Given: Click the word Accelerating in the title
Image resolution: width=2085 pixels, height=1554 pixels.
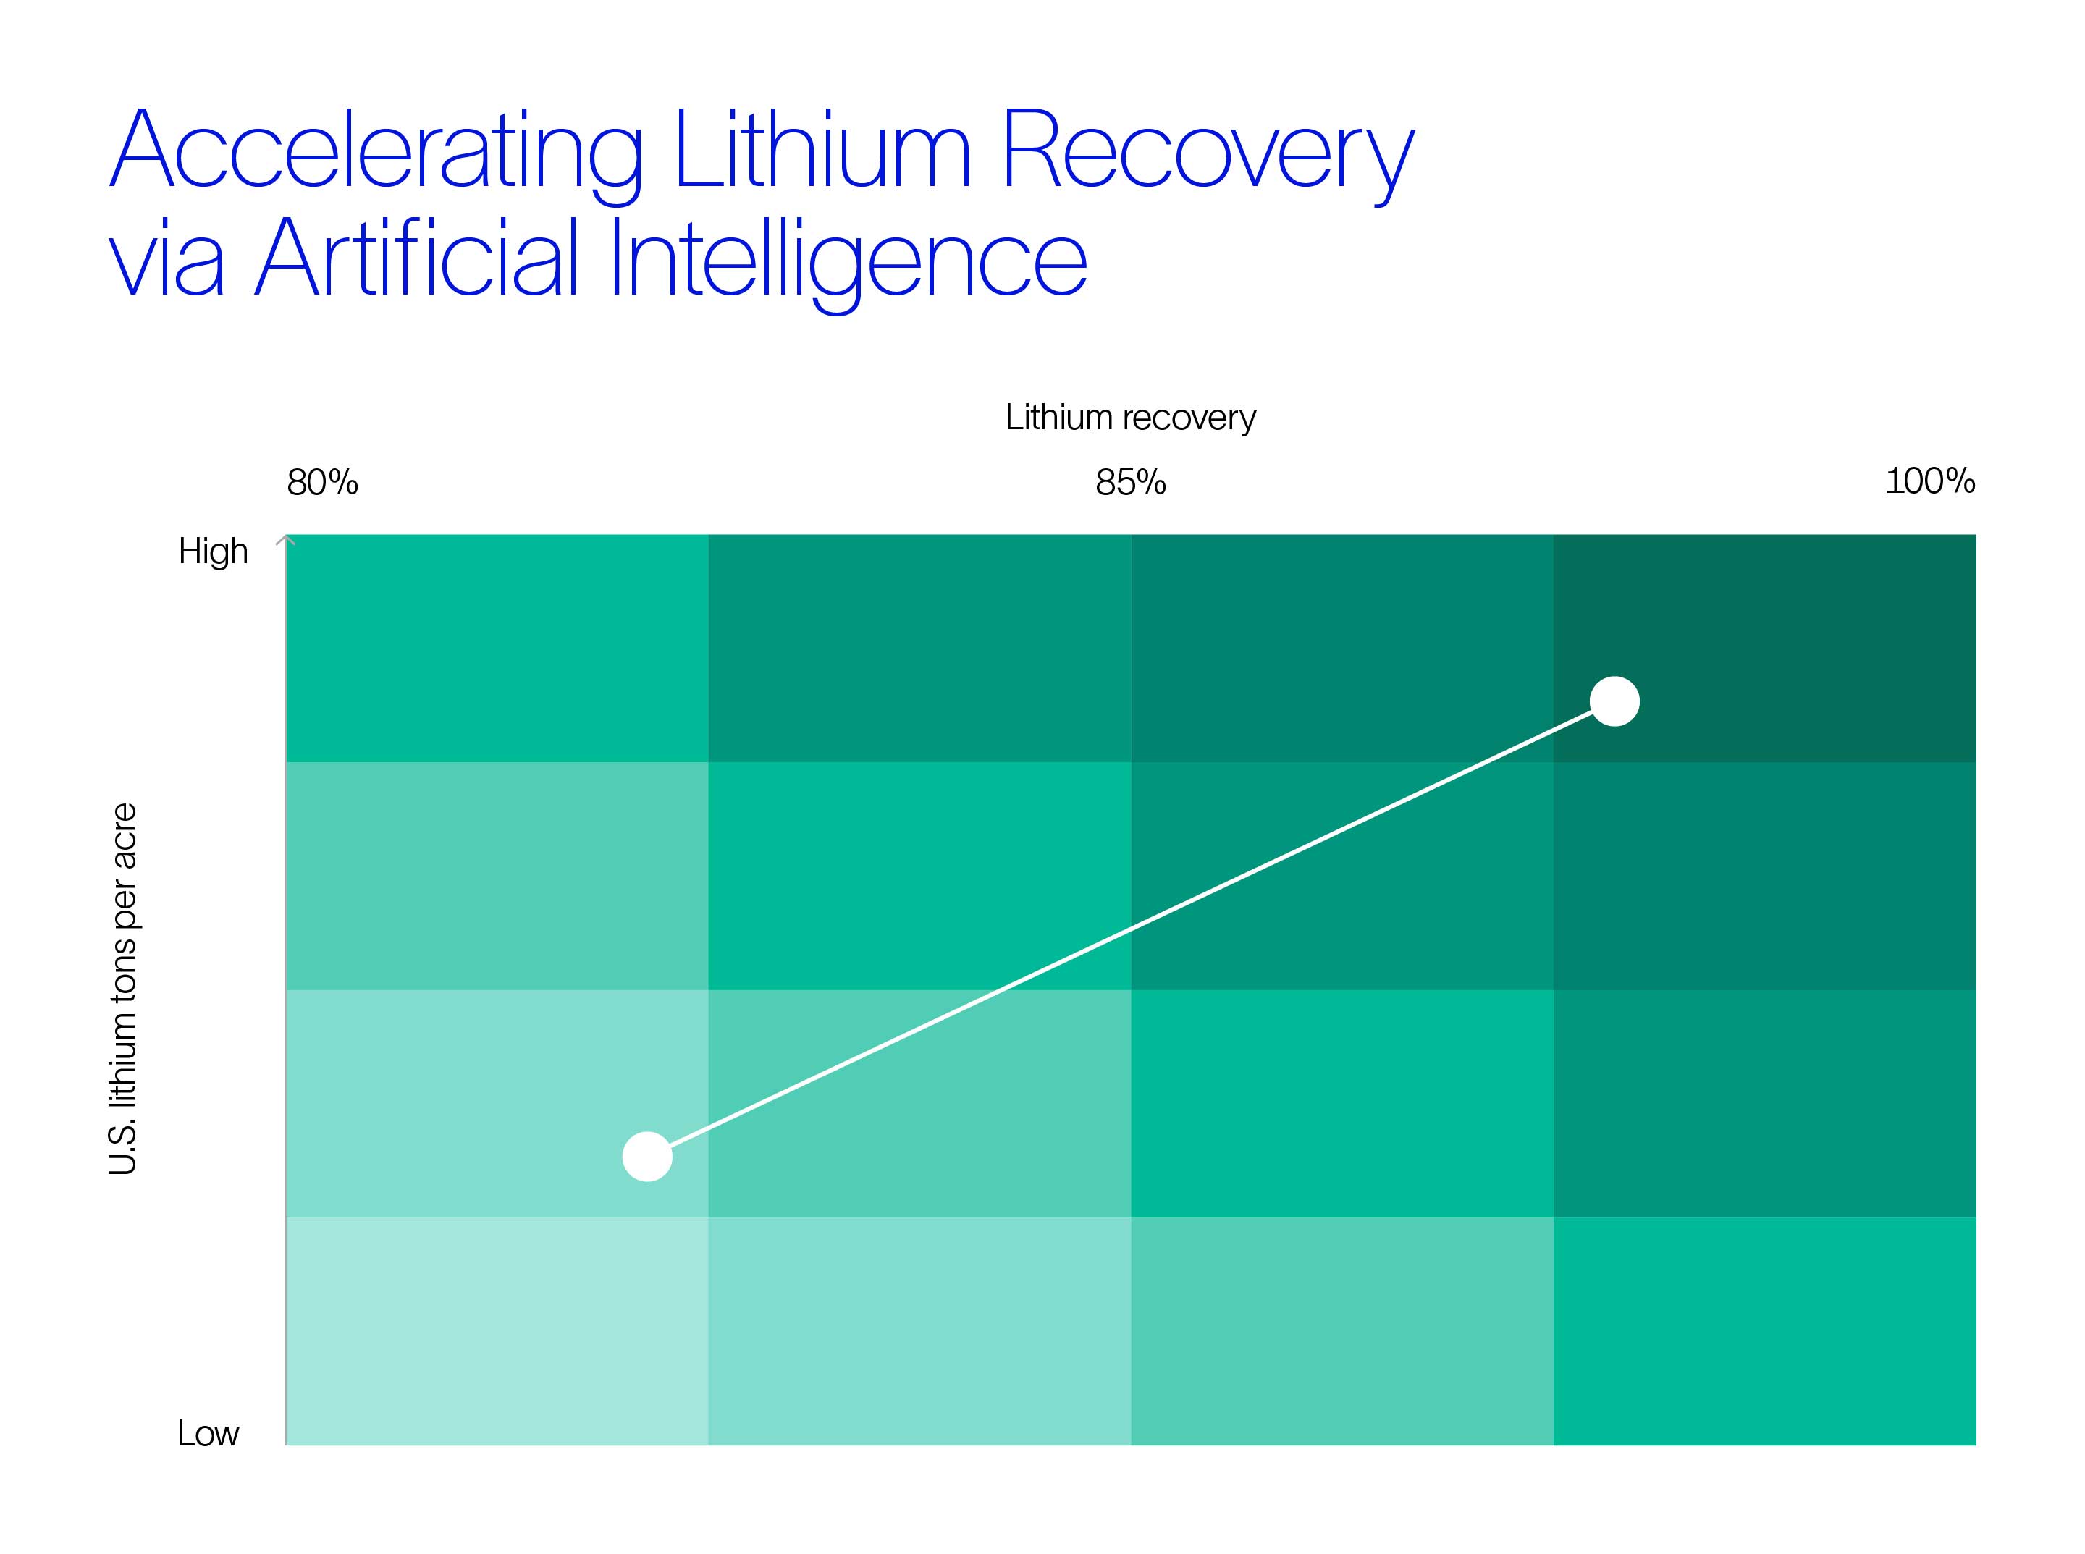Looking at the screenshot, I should click(x=376, y=151).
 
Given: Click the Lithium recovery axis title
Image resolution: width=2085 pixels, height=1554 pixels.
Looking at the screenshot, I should click(x=1130, y=417).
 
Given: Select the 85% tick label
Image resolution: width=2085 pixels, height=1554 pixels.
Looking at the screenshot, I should click(x=1130, y=483).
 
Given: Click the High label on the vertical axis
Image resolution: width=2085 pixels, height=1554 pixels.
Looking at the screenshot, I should click(x=214, y=552).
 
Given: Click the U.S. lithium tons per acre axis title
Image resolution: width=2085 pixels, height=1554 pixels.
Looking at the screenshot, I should click(x=123, y=989).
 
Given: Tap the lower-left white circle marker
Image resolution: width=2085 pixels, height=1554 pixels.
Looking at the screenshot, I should click(x=647, y=1156).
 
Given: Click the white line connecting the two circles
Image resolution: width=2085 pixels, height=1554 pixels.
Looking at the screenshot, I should click(x=1131, y=929).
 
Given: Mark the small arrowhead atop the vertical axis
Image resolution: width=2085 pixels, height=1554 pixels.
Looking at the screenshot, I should click(x=286, y=540).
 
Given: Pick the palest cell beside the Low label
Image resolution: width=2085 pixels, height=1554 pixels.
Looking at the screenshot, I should click(x=496, y=1330).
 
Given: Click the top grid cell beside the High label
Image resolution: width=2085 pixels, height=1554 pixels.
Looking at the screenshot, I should click(x=496, y=648).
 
